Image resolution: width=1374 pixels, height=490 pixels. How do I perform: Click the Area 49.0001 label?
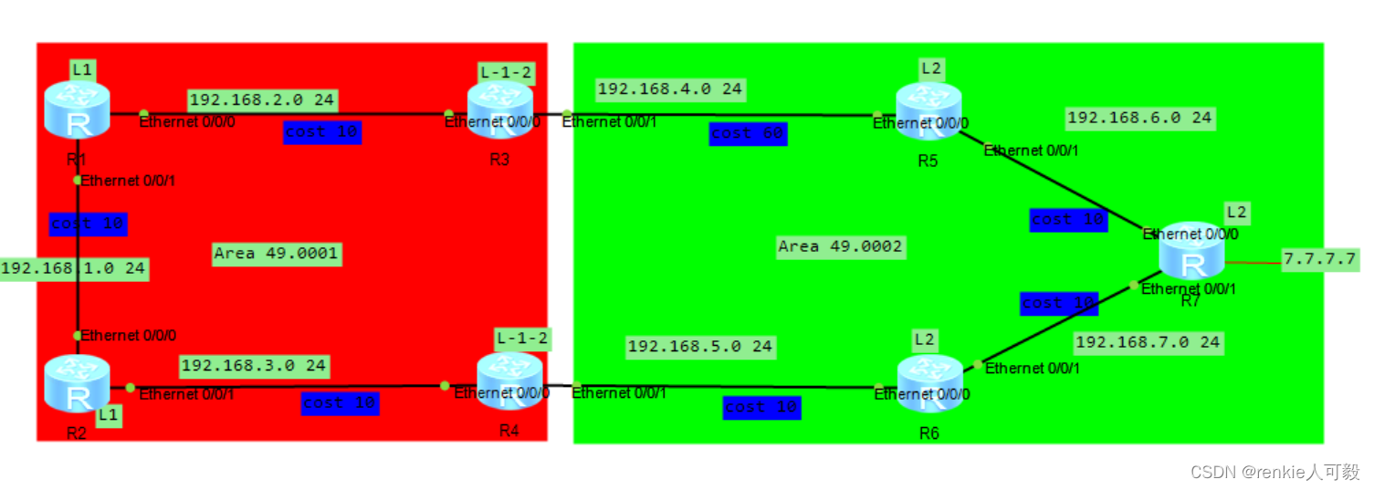point(276,254)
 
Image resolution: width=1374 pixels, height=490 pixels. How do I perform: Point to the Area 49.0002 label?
point(840,246)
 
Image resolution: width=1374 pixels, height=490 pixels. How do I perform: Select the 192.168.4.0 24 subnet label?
point(669,89)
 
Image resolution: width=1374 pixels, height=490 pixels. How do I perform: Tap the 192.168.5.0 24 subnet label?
point(699,347)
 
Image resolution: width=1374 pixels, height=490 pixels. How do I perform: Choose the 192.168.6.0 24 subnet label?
point(1139,118)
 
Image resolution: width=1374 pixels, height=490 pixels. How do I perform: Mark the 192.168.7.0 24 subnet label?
point(1148,343)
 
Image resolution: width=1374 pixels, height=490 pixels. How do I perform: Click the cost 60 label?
point(748,133)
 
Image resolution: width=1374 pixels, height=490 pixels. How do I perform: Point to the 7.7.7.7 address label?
point(1319,259)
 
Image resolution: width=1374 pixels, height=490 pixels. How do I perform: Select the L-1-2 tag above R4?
point(522,339)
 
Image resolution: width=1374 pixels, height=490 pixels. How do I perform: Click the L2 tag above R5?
point(930,68)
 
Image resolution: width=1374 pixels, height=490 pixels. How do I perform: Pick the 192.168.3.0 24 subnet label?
point(253,366)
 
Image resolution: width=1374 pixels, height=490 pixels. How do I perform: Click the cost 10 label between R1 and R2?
point(88,224)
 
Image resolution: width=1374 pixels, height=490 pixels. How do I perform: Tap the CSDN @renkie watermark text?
point(1274,472)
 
